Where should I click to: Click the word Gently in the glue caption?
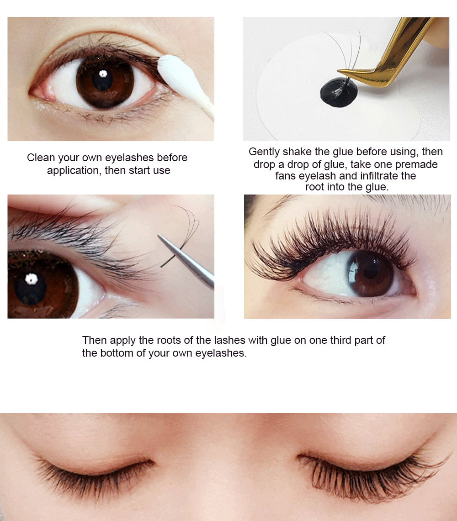[264, 152]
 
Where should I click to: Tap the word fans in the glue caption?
[286, 176]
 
